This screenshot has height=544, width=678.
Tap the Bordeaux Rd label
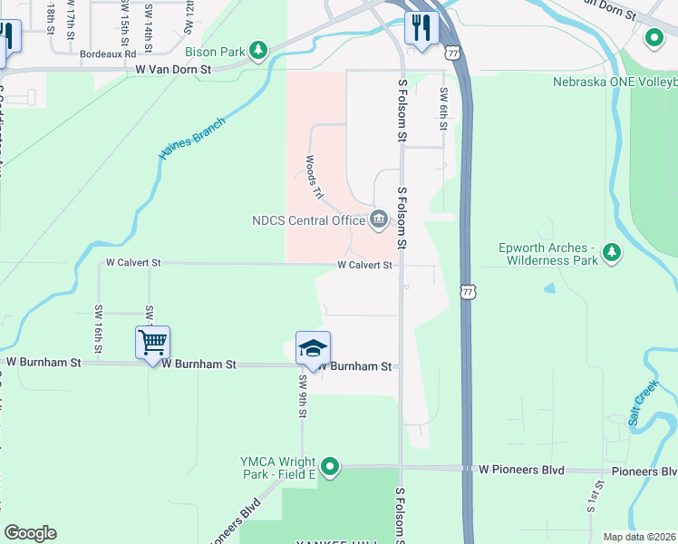click(107, 54)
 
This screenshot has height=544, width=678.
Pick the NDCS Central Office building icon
click(378, 219)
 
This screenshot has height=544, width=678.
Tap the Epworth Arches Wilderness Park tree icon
click(613, 252)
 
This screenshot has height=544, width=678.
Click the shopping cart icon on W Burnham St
click(153, 343)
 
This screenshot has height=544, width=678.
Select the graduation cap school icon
click(313, 348)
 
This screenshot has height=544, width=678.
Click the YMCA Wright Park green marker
click(331, 467)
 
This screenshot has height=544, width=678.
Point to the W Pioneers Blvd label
click(521, 471)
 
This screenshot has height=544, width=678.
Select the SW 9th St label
click(303, 397)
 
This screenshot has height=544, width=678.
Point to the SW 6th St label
click(443, 109)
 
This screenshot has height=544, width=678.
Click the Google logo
click(30, 533)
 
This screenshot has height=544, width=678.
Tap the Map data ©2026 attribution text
click(639, 537)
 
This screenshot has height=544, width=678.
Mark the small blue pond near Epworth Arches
click(549, 288)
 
